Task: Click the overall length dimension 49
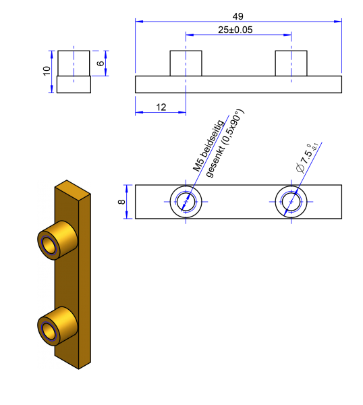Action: [x=238, y=16]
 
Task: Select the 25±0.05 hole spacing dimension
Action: [x=235, y=30]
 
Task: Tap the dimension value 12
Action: [x=161, y=107]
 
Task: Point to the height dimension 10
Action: [x=47, y=71]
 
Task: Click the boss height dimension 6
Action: [x=101, y=63]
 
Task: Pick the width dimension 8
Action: [x=121, y=201]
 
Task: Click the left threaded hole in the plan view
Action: [x=186, y=201]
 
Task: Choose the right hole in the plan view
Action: [x=291, y=201]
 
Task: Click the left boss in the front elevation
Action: [x=186, y=63]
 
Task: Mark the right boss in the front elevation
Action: [x=291, y=63]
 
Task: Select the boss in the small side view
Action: [x=74, y=63]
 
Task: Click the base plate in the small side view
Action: [x=74, y=84]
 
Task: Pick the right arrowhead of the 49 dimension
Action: [x=338, y=22]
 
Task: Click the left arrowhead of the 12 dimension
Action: [x=139, y=112]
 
